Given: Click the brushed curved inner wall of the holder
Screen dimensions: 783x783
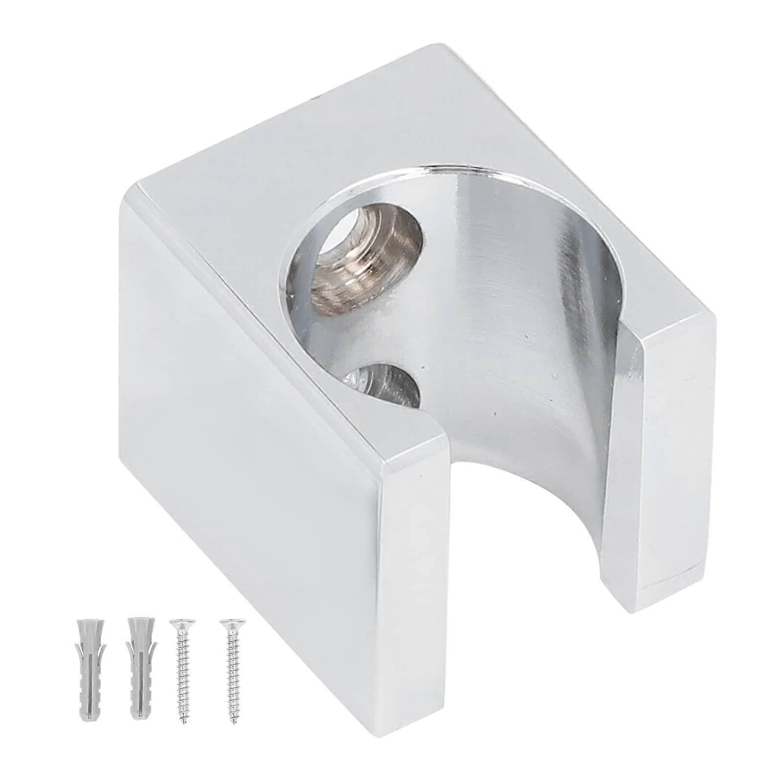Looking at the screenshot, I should coord(514,342).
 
